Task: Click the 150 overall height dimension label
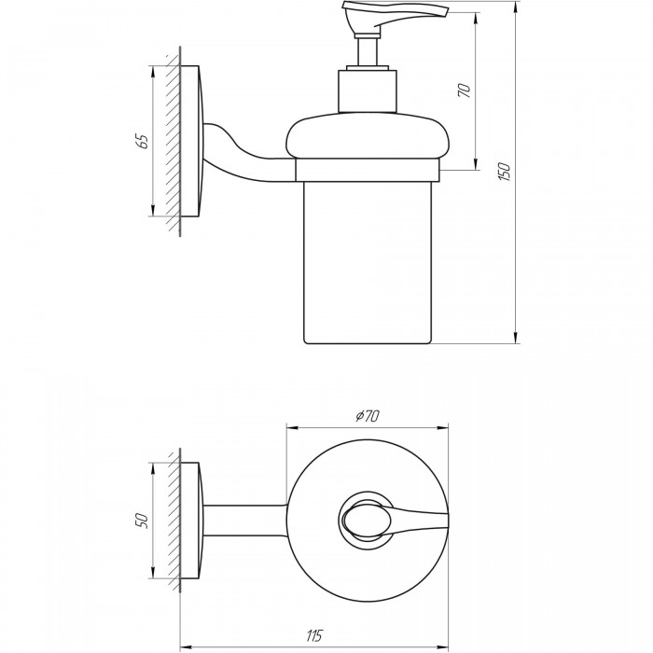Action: point(505,172)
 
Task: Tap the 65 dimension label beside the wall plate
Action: point(142,142)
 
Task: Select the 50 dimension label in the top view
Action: point(142,521)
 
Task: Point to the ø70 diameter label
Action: point(368,415)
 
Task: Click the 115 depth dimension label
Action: point(314,635)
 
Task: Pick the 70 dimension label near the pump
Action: point(464,90)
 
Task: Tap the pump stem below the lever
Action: point(368,52)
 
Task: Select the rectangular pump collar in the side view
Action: point(368,90)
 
